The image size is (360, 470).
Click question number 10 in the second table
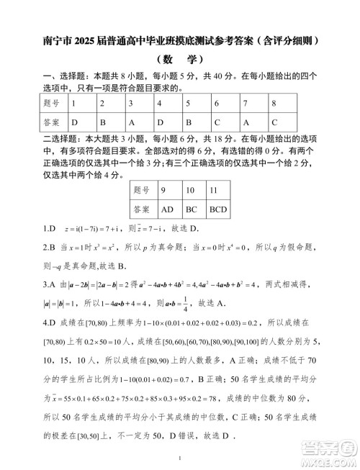(190, 191)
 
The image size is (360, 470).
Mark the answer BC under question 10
(191, 210)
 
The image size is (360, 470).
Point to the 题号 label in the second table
(141, 191)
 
